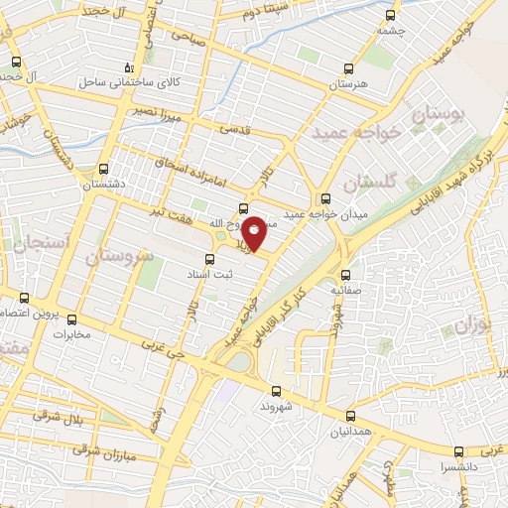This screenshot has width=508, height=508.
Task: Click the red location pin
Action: point(254,233)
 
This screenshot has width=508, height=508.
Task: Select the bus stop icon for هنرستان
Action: point(347,67)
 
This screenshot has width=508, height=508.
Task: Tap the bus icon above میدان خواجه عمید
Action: point(326,196)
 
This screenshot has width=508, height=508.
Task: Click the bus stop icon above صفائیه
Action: point(344,275)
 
